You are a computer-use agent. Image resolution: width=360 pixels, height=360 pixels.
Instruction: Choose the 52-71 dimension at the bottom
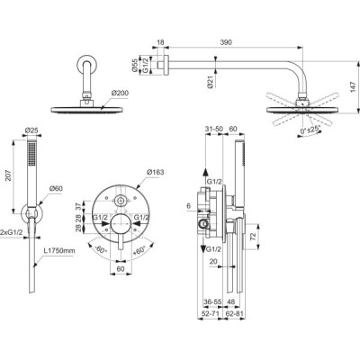click(210, 316)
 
